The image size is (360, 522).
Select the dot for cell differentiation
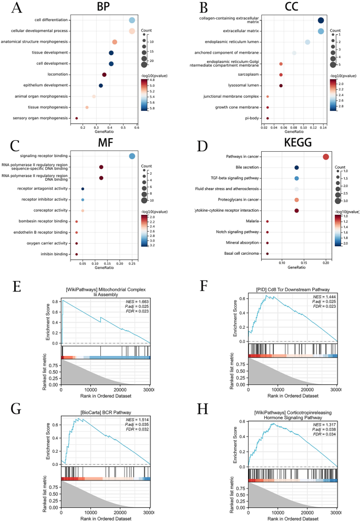tap(132, 20)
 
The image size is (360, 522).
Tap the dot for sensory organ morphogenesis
tap(77, 118)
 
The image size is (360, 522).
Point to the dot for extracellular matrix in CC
tap(321, 32)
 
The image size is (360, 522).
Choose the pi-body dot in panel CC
tap(268, 118)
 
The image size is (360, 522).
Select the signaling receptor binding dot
tap(132, 156)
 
